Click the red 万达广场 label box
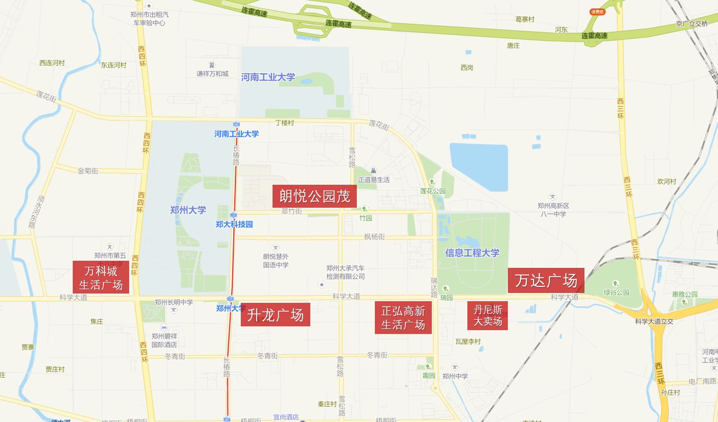[x=546, y=280]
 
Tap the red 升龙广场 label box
[x=275, y=314]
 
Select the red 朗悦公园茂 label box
[x=315, y=196]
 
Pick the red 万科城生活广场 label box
[x=101, y=277]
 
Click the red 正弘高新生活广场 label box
[x=403, y=318]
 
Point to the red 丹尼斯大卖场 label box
[x=488, y=315]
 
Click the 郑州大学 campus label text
[x=188, y=209]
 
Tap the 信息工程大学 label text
[x=472, y=253]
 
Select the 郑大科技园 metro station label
[x=234, y=224]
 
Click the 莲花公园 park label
[x=433, y=191]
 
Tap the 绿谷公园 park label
[x=617, y=292]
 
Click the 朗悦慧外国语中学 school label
[x=276, y=261]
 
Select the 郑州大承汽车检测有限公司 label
[x=345, y=272]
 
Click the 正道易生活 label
[x=374, y=179]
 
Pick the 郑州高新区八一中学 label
[x=553, y=210]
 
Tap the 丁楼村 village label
[x=284, y=123]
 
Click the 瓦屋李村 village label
[x=467, y=341]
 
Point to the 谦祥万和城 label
[x=212, y=73]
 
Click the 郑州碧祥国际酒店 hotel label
[x=164, y=341]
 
